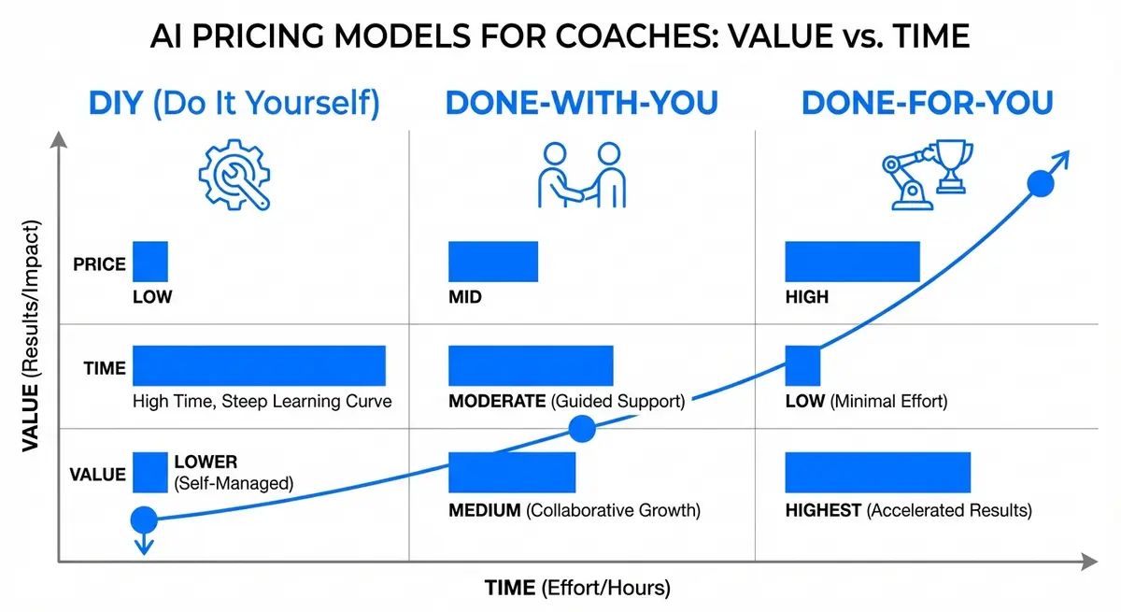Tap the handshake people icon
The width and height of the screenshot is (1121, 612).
[x=581, y=175]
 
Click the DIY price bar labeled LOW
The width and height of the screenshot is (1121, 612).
[x=150, y=262]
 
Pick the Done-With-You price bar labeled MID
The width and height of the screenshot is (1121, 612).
[x=493, y=262]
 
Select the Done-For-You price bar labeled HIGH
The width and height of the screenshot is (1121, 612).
[x=852, y=262]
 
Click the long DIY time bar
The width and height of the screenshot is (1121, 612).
[x=259, y=365]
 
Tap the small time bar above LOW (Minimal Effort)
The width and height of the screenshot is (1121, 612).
[x=802, y=365]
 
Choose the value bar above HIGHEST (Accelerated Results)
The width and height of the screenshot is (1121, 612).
[x=877, y=472]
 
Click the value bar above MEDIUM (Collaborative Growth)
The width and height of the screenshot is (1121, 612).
[x=512, y=472]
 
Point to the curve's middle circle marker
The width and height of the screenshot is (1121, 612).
[x=582, y=429]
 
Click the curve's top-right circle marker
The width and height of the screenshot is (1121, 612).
[x=1040, y=184]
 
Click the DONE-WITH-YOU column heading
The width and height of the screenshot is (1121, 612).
[x=581, y=104]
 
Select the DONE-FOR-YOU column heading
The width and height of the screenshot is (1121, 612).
[x=927, y=104]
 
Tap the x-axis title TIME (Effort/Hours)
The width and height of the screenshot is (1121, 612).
[x=577, y=589]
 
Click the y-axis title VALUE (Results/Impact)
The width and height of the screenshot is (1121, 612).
[x=30, y=350]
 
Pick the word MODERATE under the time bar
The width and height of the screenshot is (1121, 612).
[x=497, y=402]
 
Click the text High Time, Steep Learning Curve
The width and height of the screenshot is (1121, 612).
[x=263, y=402]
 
